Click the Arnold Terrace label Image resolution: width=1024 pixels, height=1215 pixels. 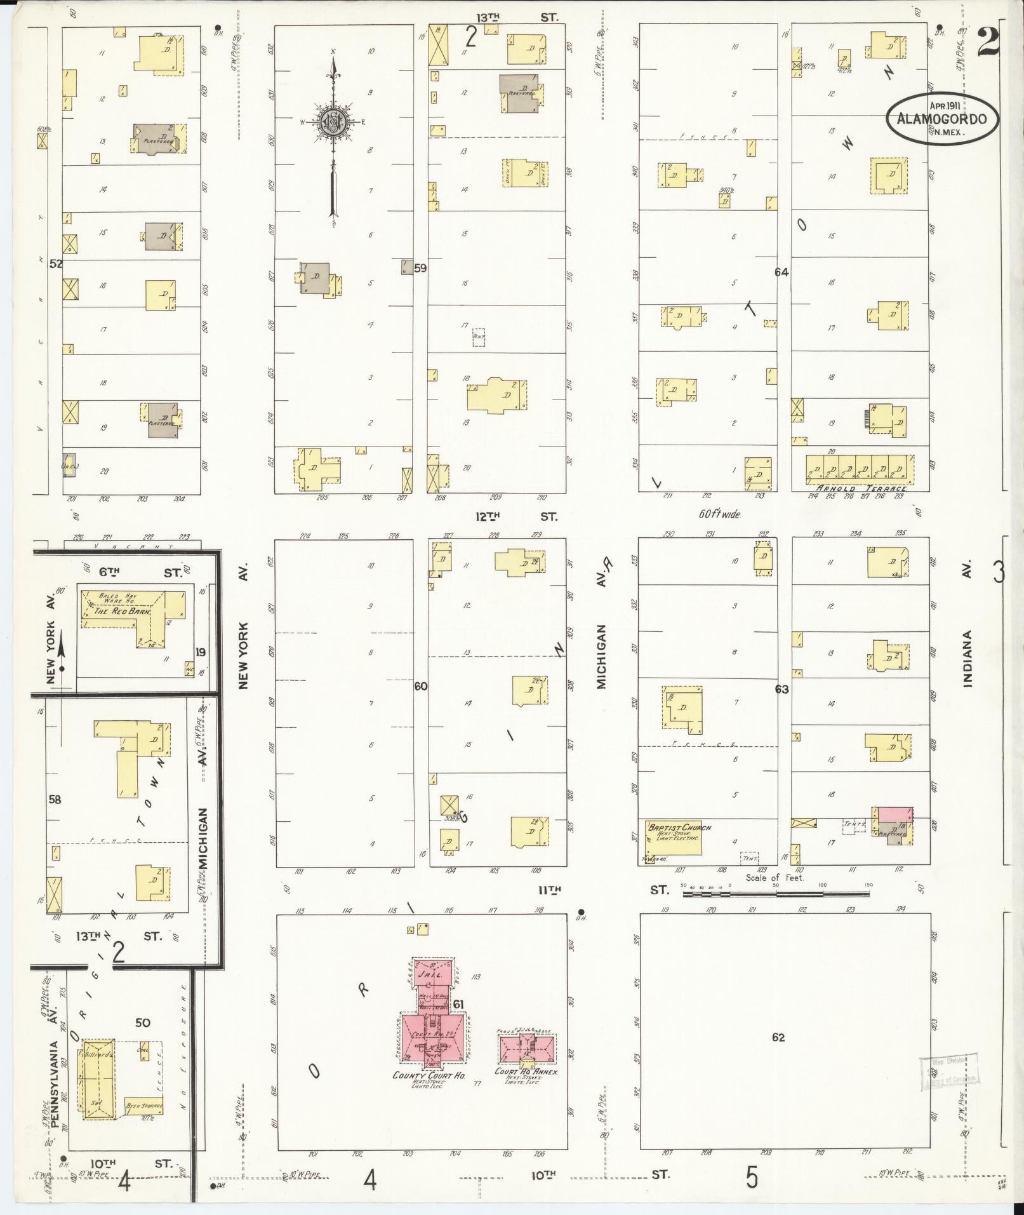860,488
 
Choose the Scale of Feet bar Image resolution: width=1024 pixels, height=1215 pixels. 775,892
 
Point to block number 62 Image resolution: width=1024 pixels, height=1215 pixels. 778,1037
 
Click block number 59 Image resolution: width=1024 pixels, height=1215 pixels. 420,268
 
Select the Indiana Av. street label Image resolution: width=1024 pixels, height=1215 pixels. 967,659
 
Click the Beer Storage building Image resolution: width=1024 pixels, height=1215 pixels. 143,1106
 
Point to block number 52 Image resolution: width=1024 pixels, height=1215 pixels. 56,264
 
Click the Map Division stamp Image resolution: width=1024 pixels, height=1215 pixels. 948,1070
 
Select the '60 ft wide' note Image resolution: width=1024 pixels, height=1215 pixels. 719,514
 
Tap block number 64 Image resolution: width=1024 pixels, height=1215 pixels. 781,272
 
